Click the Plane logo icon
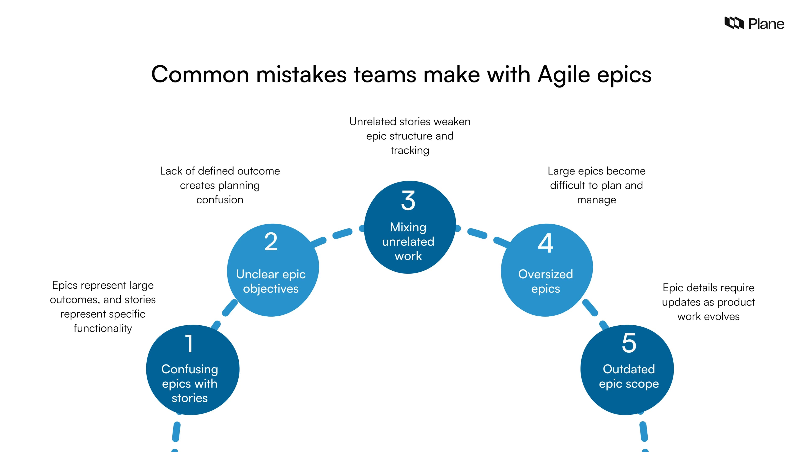point(734,23)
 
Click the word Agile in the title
point(564,75)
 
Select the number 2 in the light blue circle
point(271,242)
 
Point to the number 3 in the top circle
point(408,201)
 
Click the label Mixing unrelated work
point(408,241)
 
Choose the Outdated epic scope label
point(629,376)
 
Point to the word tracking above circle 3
point(410,150)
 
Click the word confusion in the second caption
point(220,200)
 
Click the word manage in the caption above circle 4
point(596,200)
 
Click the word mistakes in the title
point(301,75)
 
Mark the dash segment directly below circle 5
point(644,431)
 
